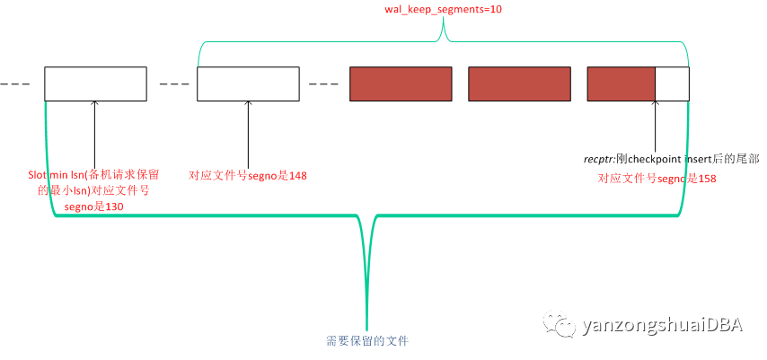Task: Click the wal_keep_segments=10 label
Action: [x=443, y=9]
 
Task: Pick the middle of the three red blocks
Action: [x=519, y=83]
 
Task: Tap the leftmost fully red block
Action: [x=401, y=83]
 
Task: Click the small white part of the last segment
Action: [x=672, y=83]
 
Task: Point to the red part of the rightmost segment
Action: [x=622, y=83]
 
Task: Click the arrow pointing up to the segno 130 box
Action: [x=94, y=134]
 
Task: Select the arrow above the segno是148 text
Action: [x=248, y=134]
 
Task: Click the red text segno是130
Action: [x=93, y=206]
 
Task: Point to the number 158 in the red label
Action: [x=708, y=179]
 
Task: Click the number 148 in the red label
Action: [x=298, y=176]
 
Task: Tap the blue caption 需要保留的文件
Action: [x=366, y=341]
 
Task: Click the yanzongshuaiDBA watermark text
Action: [x=662, y=326]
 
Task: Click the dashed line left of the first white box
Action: [x=14, y=84]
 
